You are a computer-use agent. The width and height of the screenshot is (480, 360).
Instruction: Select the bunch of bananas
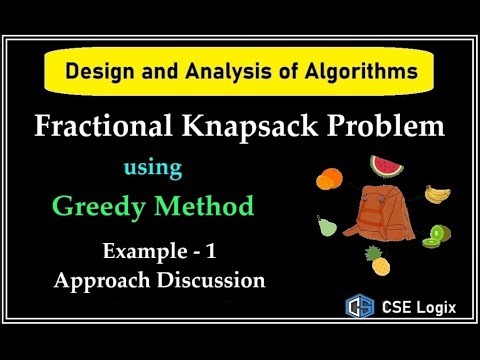coord(439,191)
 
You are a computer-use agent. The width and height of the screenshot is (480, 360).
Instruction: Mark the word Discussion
coord(214,280)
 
